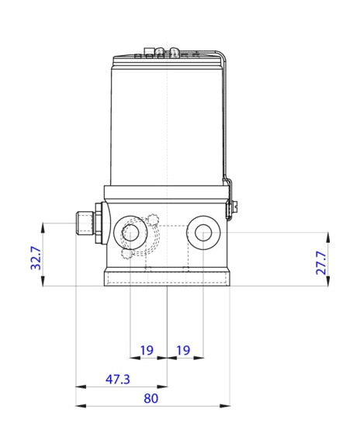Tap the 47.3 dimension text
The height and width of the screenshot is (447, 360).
coord(118,379)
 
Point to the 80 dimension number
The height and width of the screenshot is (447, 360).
coord(151,398)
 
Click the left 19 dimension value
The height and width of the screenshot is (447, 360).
coord(147,351)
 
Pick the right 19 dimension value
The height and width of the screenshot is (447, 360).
coord(183,351)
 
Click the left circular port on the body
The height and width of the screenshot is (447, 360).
coord(130,232)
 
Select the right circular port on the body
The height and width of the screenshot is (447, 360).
coord(204,232)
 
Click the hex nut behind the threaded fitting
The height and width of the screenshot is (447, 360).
coord(99,223)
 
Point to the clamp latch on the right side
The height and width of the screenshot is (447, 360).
coord(231,206)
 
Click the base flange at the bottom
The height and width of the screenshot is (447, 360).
coord(168,278)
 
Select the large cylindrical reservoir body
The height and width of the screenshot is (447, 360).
coord(167,124)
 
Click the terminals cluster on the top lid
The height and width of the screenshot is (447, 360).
coord(163,54)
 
